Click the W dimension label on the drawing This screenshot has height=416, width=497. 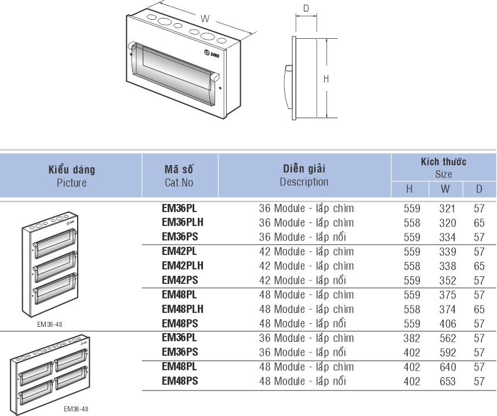click(x=205, y=19)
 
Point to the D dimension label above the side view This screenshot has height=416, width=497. click(x=306, y=8)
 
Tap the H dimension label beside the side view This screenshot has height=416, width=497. click(x=326, y=79)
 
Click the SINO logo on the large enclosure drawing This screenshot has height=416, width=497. click(x=212, y=53)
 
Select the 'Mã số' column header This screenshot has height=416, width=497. click(x=179, y=169)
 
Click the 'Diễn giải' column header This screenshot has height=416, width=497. click(x=304, y=169)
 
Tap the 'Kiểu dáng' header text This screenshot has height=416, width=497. click(x=72, y=169)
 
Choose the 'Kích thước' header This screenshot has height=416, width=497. click(x=444, y=162)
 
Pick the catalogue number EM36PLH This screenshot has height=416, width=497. click(x=183, y=222)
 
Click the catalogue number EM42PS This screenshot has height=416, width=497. click(x=180, y=280)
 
